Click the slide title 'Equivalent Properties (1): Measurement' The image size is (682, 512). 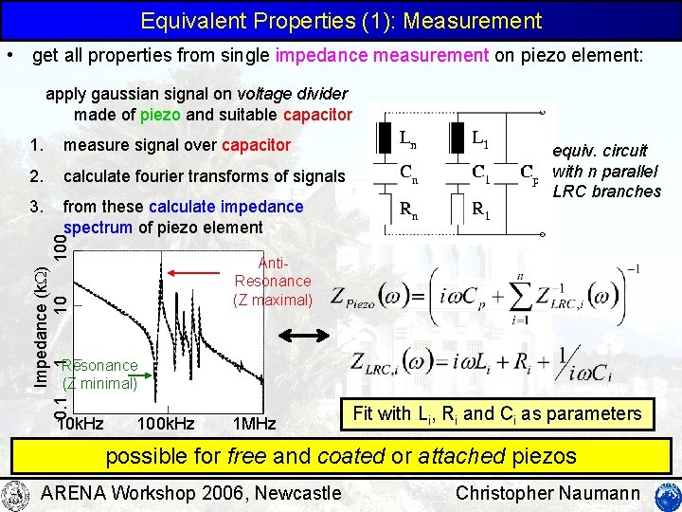pyautogui.click(x=341, y=20)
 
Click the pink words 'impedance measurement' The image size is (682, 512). pyautogui.click(x=382, y=56)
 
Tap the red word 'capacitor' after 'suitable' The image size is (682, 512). pyautogui.click(x=317, y=115)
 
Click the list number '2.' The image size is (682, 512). pyautogui.click(x=36, y=175)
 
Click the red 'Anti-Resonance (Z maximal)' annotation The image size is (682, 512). pyautogui.click(x=273, y=281)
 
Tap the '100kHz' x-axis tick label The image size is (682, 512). pyautogui.click(x=166, y=422)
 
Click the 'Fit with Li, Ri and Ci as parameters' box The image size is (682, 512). pyautogui.click(x=496, y=413)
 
